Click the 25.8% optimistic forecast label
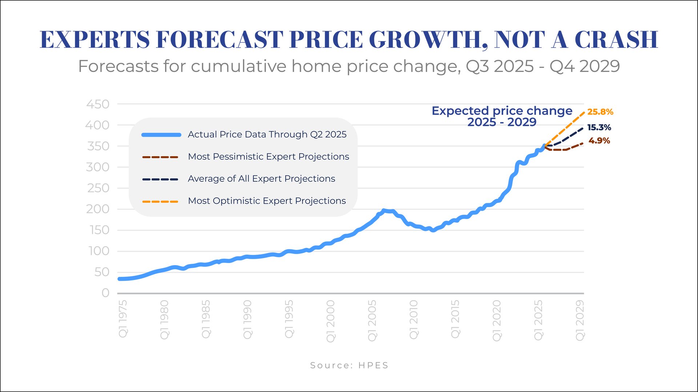click(600, 112)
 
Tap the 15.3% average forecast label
click(599, 128)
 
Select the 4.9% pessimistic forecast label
click(599, 141)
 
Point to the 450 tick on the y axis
click(98, 104)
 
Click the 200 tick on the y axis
click(98, 209)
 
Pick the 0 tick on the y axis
click(105, 293)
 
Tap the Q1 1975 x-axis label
click(123, 319)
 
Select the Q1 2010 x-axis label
click(414, 320)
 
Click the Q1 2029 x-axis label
click(580, 320)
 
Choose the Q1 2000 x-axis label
click(330, 321)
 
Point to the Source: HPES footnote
click(349, 365)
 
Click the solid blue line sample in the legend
click(161, 135)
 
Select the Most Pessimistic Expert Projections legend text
click(268, 157)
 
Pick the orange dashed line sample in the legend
click(160, 201)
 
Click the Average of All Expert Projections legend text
click(261, 179)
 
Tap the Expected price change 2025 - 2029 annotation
click(502, 116)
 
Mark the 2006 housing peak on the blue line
click(384, 211)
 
